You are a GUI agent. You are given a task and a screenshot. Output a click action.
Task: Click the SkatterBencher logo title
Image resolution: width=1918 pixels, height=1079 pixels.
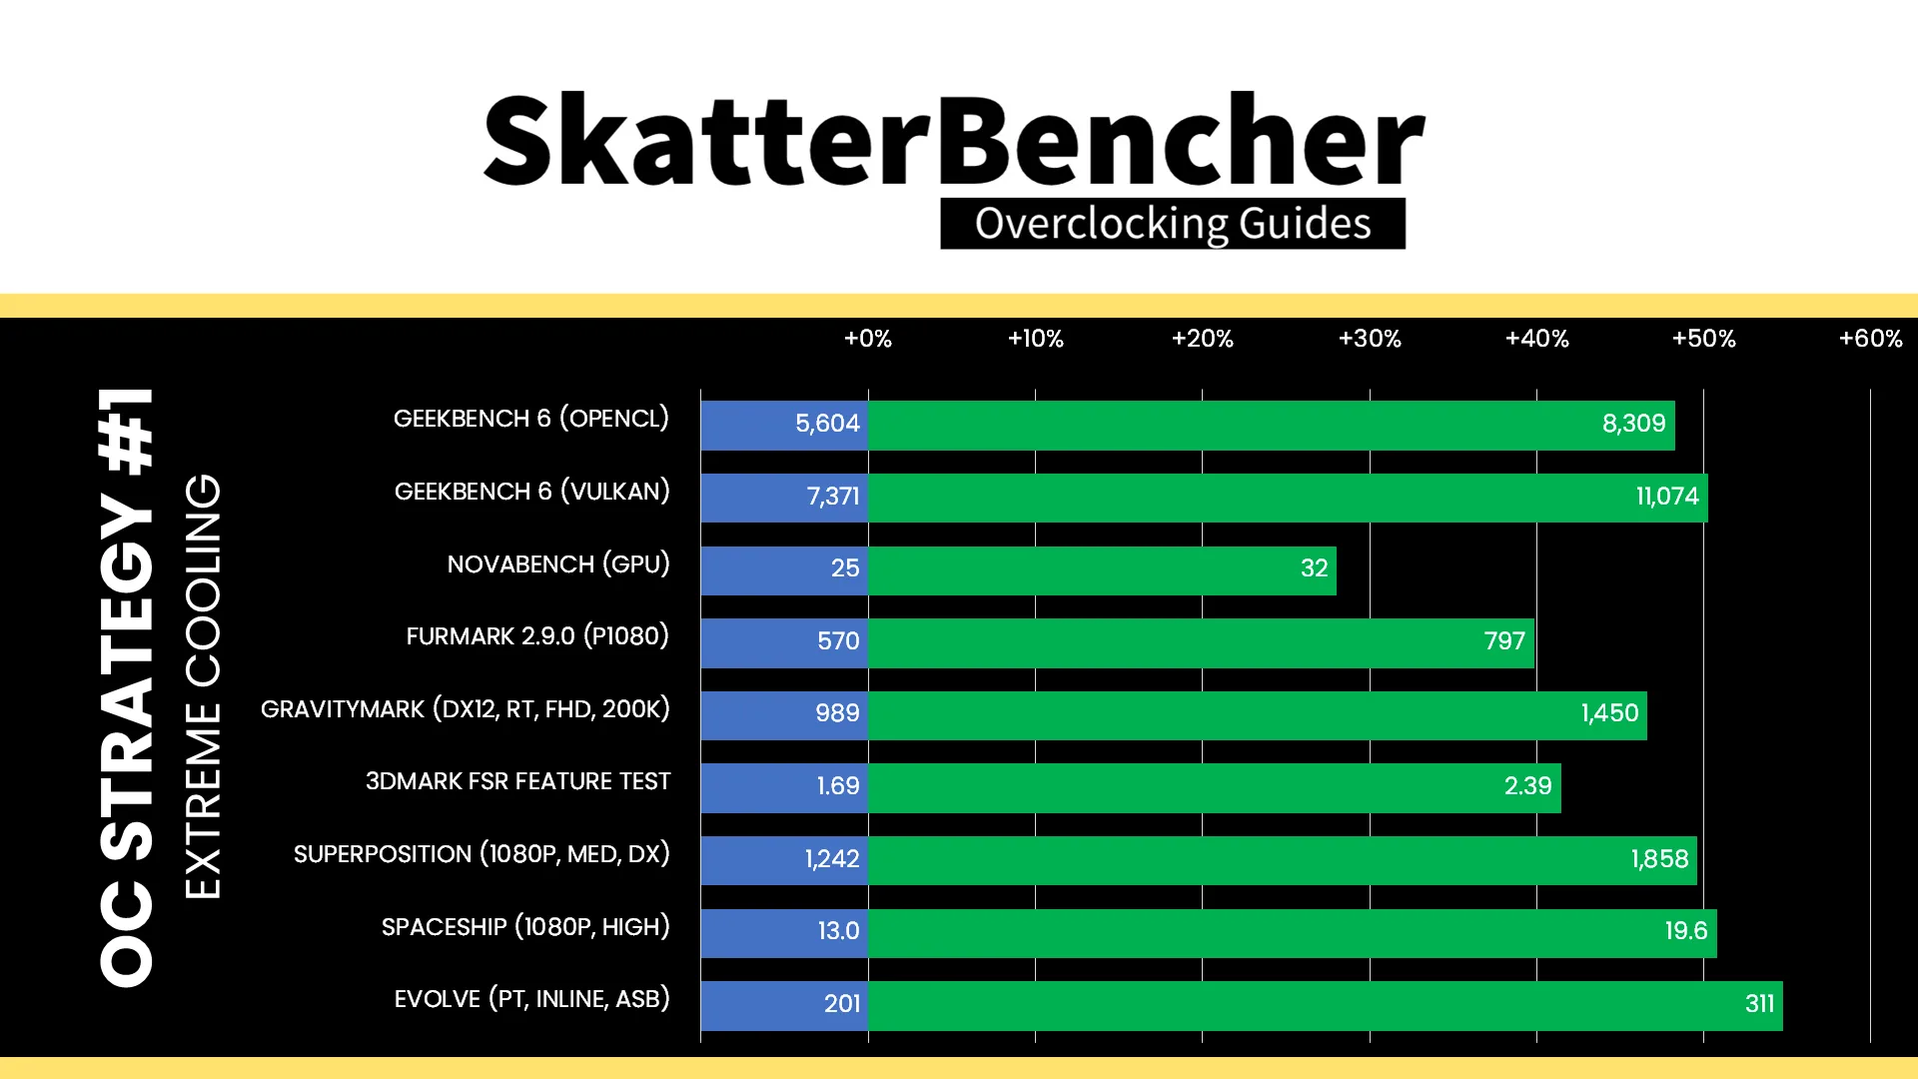tap(954, 140)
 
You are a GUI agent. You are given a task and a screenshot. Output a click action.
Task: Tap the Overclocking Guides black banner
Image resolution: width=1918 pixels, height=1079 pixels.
tap(1173, 224)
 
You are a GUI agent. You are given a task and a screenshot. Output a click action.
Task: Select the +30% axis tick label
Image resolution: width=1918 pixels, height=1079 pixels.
tap(1370, 339)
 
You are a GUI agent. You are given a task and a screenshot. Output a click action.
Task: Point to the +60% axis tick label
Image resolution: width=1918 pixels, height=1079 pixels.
tap(1871, 339)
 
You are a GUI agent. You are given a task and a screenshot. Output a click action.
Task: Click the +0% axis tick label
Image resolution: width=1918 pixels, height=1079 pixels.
tap(868, 339)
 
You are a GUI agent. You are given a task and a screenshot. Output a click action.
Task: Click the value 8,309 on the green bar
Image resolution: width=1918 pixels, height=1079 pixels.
tap(1634, 424)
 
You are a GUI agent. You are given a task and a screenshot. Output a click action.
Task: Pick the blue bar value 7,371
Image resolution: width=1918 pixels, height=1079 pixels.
tap(833, 497)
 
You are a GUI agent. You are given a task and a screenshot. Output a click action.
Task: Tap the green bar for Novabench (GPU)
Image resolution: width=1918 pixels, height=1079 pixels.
tap(1102, 569)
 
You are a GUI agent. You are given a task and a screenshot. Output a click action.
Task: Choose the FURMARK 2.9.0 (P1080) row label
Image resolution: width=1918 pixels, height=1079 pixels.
tap(537, 636)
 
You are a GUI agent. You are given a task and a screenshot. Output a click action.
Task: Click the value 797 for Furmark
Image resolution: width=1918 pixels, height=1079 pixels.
tap(1504, 641)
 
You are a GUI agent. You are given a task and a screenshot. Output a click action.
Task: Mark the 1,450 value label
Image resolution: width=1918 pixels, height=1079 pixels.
tap(1609, 713)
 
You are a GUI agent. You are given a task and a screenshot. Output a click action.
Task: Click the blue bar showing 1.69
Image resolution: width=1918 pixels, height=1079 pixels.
tap(784, 787)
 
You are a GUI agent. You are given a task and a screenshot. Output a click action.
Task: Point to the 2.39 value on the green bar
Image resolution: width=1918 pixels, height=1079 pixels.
tap(1528, 786)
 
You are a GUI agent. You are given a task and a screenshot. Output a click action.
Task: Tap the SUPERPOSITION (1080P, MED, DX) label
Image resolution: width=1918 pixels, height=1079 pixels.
tap(481, 854)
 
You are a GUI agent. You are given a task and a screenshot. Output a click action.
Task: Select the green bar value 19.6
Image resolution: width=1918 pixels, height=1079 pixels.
tap(1686, 931)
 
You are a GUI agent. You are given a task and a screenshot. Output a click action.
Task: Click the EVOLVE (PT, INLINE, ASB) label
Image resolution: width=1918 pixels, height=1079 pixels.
tap(532, 999)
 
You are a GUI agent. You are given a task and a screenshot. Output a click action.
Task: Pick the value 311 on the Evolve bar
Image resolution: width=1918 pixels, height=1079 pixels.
tap(1760, 1004)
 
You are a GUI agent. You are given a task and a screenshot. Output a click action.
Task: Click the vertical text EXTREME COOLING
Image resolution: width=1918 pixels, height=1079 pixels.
tap(203, 686)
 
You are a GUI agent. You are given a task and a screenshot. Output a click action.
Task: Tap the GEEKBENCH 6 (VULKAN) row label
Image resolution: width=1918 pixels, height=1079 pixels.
tap(532, 492)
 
